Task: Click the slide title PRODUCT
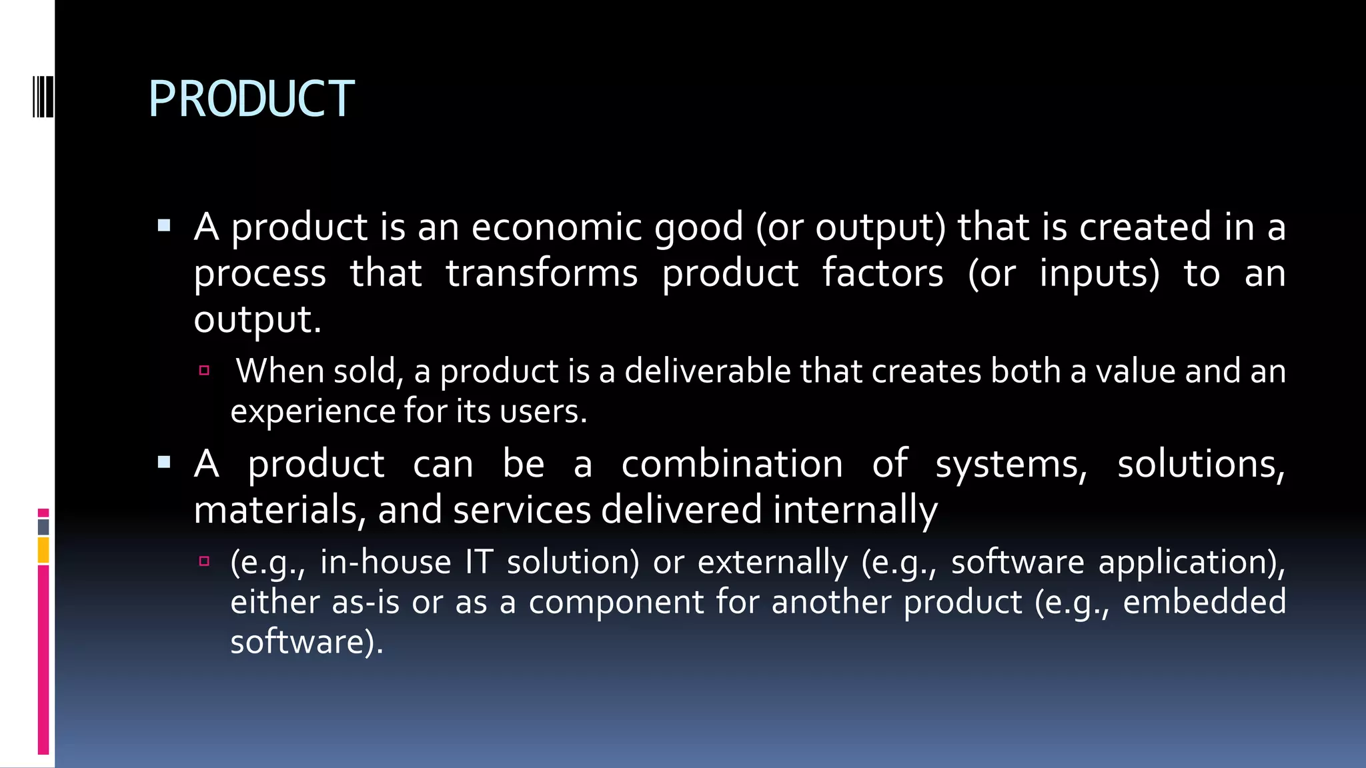coord(251,99)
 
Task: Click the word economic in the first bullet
coord(556,227)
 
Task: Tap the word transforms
coord(542,273)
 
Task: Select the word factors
coord(882,273)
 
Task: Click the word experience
coord(311,411)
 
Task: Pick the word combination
coord(732,464)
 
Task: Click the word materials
coord(279,510)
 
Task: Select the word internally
coord(855,510)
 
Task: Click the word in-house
coord(386,562)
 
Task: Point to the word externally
coord(772,562)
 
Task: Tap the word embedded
coord(1204,602)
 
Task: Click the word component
coord(616,602)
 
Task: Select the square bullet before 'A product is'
coord(164,225)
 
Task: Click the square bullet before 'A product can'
coord(164,462)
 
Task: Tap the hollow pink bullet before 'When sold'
coord(204,371)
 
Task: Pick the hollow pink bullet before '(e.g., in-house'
coord(204,561)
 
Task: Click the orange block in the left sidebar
coord(43,551)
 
